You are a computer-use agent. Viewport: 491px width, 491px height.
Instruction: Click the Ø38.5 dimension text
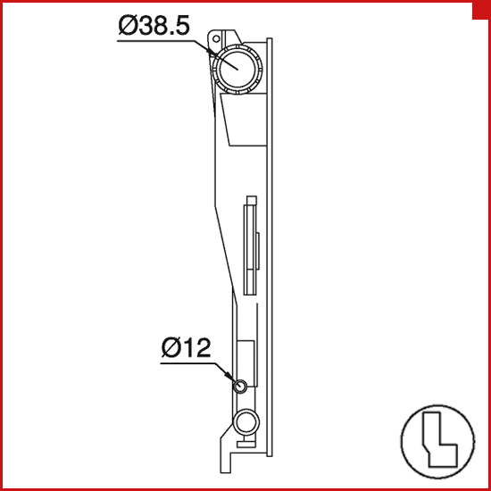click(x=154, y=25)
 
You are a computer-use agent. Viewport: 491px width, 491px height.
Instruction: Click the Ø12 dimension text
click(x=186, y=347)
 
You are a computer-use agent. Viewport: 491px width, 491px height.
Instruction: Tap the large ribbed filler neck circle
click(x=237, y=69)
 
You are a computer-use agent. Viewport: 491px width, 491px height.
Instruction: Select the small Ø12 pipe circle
click(x=240, y=386)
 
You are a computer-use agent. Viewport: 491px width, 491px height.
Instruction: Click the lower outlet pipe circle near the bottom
click(x=246, y=422)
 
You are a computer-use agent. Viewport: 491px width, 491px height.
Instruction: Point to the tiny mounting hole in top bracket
click(x=216, y=38)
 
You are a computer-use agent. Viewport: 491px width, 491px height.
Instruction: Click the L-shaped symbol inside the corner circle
click(x=440, y=439)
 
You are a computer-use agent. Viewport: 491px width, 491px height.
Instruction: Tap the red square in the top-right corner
click(x=481, y=11)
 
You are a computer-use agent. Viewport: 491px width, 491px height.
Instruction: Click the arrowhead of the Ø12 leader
click(x=230, y=377)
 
